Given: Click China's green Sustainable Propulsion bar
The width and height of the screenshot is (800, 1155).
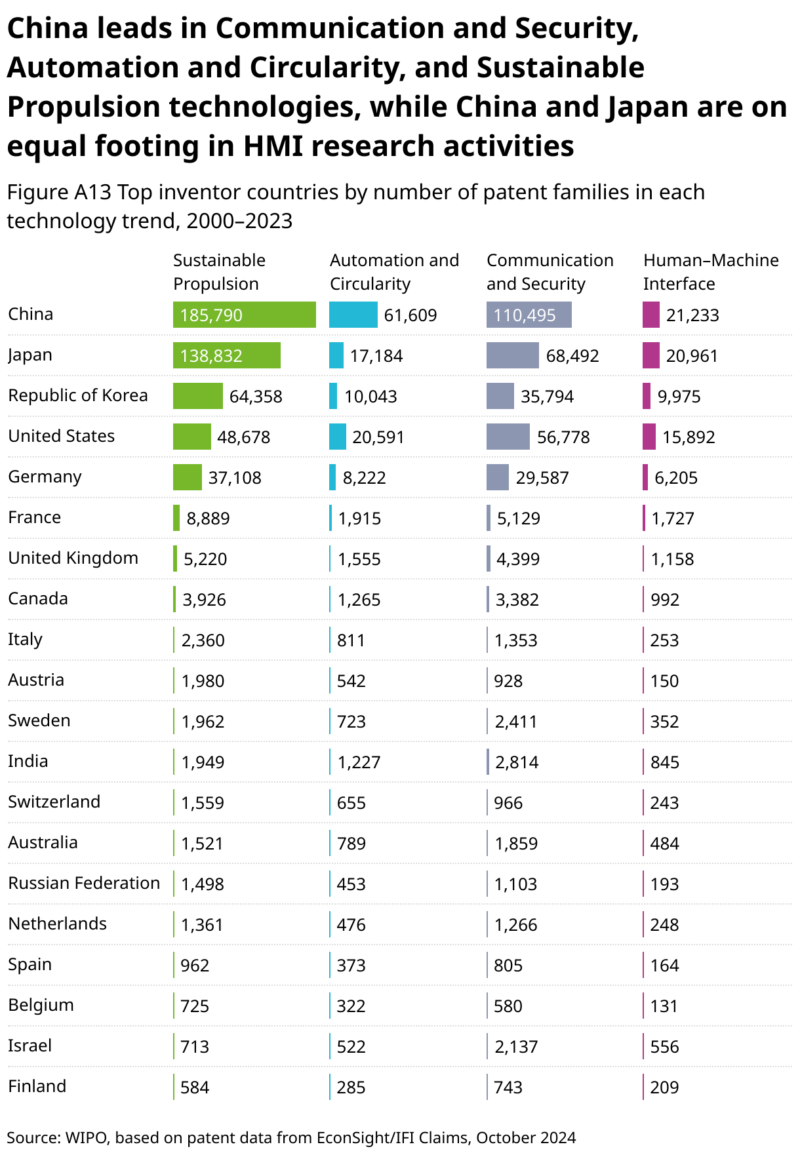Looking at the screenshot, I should tap(244, 315).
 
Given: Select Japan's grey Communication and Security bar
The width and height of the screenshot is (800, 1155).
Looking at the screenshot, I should tap(512, 355).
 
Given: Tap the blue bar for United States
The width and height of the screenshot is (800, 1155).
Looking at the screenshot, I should tap(337, 437).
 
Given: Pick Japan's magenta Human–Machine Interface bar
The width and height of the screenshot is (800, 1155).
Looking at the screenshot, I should tap(650, 355).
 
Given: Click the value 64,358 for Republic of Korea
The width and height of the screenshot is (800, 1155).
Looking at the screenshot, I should tap(256, 397).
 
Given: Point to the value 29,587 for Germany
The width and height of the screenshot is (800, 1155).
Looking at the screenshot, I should tap(542, 478).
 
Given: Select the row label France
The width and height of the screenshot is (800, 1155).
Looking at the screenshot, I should tap(34, 517).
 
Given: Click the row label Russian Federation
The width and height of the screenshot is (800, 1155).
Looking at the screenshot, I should tap(84, 883).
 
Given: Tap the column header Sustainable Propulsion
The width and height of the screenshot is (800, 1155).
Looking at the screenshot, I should tap(219, 272).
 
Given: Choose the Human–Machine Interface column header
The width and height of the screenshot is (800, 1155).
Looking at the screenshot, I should tap(710, 272).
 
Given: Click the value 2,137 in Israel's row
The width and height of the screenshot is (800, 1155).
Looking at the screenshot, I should tap(516, 1047).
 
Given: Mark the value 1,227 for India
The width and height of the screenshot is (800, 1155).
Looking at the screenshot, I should tap(359, 762).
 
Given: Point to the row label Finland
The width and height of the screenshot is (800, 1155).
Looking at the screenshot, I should tap(37, 1086).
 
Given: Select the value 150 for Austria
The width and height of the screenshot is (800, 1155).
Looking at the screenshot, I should tap(664, 681).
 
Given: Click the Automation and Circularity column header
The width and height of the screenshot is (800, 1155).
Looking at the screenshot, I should tap(394, 272).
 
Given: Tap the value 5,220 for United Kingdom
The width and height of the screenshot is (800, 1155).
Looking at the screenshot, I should tap(205, 559).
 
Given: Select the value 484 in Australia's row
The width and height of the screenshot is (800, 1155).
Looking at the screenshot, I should tap(664, 844).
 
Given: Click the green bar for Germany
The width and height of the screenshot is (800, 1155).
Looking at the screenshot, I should tap(187, 477).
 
